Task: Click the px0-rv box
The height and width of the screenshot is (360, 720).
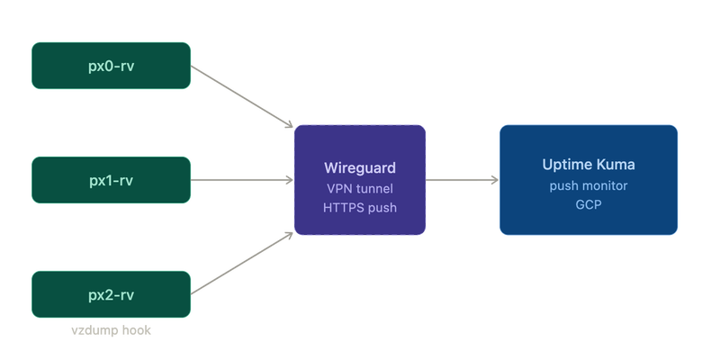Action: pos(111,66)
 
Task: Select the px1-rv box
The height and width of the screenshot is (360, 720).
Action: pos(111,180)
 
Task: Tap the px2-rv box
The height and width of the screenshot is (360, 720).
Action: pos(111,294)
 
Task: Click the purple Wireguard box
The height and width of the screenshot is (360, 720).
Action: pos(360,180)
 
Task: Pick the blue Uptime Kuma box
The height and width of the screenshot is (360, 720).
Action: pos(589,180)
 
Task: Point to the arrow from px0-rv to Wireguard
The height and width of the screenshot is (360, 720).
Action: pos(242,96)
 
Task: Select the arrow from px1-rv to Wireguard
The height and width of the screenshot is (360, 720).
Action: pos(242,180)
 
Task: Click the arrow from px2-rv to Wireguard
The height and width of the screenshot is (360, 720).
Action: pos(242,263)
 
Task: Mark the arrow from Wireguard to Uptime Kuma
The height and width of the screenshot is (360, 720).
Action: pos(462,180)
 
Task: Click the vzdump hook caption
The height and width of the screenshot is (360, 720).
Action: pos(111,330)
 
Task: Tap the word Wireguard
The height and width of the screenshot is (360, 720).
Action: pos(360,167)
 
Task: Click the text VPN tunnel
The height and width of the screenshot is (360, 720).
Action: pos(360,188)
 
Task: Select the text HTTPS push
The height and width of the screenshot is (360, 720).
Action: pos(360,208)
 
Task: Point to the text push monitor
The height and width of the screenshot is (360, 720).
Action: pos(589,186)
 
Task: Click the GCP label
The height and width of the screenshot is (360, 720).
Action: pos(589,205)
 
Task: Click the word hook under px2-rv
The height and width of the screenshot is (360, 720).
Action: pos(138,330)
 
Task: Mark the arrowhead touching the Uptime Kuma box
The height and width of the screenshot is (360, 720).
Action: pos(495,180)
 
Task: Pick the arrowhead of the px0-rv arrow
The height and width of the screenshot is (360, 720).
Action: pos(289,125)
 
